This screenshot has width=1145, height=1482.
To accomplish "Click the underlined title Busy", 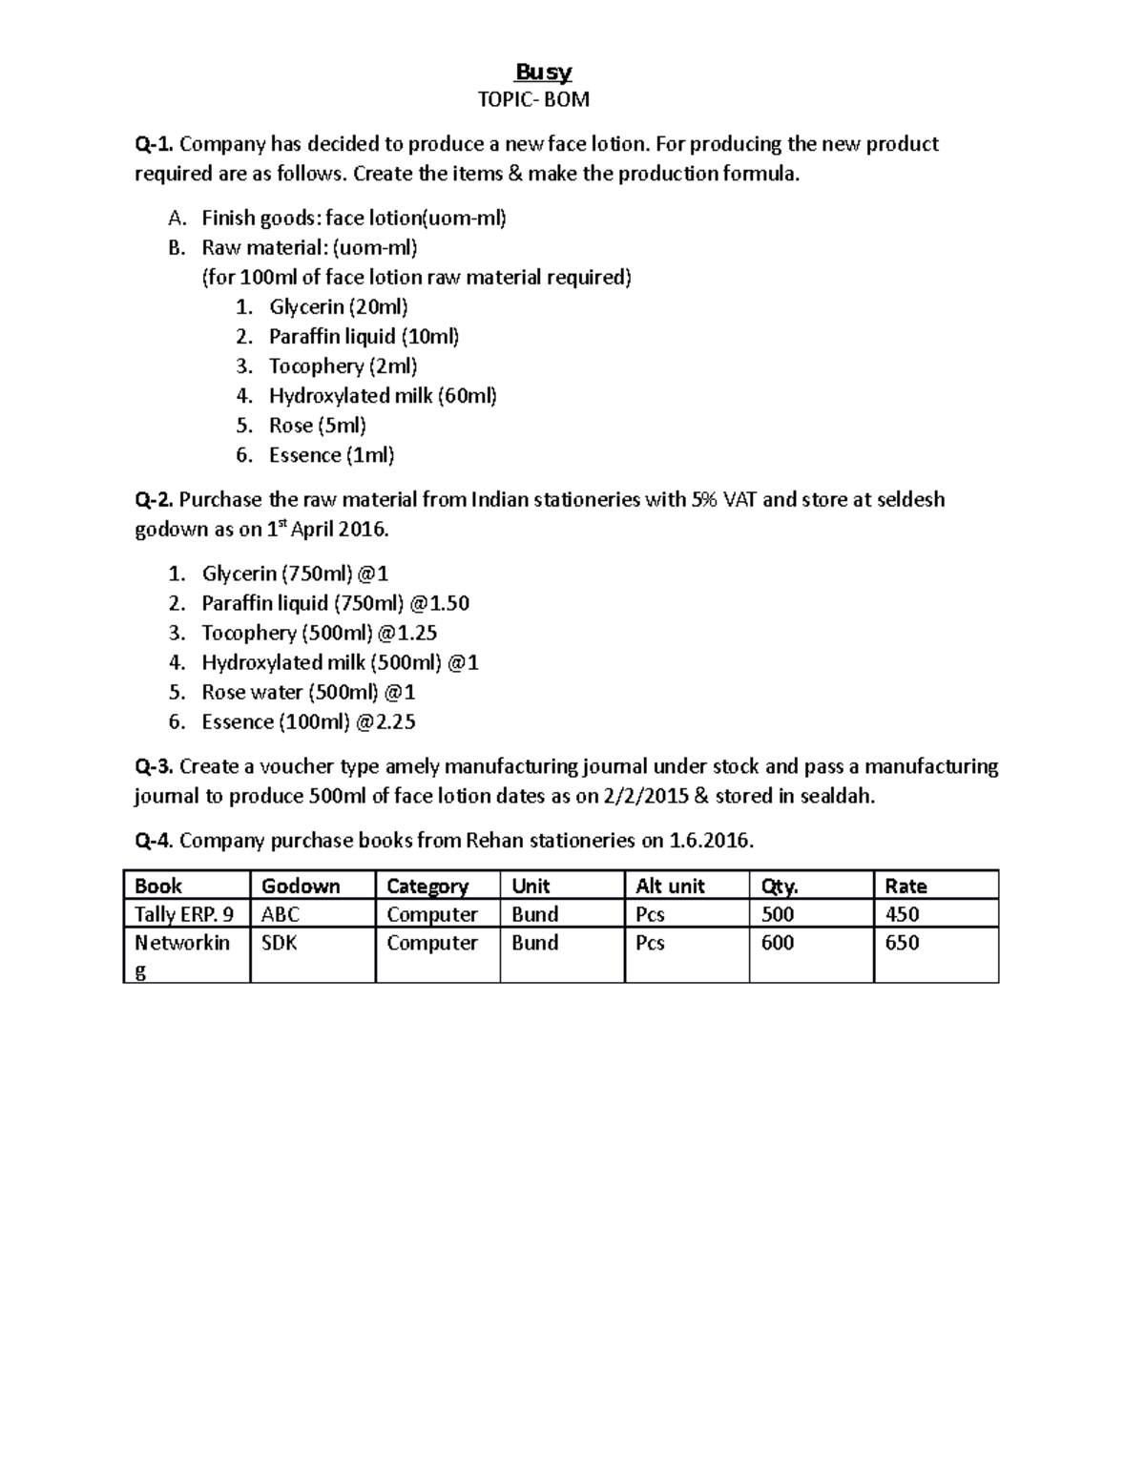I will [x=543, y=73].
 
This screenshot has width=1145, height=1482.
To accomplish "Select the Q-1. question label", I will [x=154, y=144].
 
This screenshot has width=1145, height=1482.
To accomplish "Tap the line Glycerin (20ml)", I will [x=339, y=307].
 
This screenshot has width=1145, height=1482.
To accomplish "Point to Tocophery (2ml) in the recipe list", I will [x=343, y=366].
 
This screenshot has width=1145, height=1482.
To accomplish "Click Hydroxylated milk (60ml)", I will [x=383, y=396].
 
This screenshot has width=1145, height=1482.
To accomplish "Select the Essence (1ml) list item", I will [x=331, y=455].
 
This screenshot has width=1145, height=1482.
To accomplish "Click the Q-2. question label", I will [x=154, y=499].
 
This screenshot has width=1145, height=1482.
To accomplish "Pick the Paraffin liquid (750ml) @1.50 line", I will [x=335, y=603].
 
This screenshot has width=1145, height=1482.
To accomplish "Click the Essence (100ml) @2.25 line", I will [x=308, y=721].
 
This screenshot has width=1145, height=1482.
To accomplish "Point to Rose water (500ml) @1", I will [x=308, y=692].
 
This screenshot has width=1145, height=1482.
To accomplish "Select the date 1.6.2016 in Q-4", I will [x=711, y=841].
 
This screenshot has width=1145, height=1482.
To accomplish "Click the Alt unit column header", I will [x=670, y=886].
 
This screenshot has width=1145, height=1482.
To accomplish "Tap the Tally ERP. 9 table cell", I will [x=184, y=914].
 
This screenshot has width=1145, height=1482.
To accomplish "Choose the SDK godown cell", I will [x=280, y=943].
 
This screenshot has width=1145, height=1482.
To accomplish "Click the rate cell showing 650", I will [x=902, y=943].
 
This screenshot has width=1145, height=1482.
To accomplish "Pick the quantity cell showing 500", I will [x=778, y=914].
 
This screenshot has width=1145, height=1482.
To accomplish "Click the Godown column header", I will [x=301, y=886].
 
